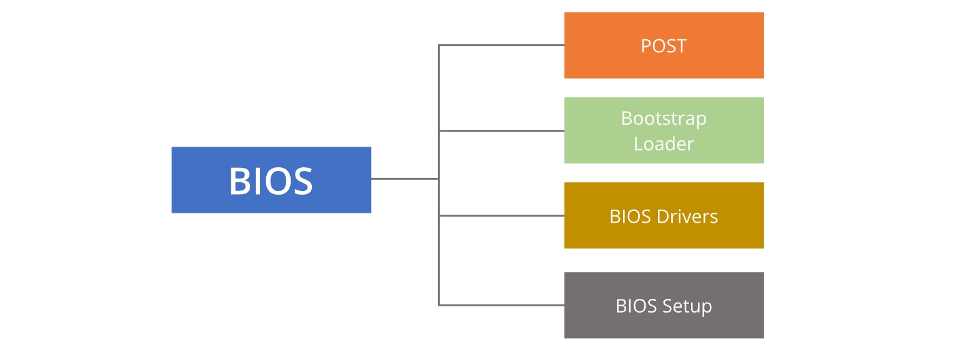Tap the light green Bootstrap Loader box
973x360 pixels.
pos(664,130)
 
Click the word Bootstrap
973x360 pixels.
pos(664,119)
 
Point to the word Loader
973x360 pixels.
pos(664,144)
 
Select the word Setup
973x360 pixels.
pos(687,306)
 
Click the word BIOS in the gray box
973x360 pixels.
pos(636,306)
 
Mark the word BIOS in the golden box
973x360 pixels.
pos(630,216)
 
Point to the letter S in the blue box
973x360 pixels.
pos(301,181)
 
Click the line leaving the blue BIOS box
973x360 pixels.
pos(404,178)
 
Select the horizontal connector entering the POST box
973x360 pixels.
pos(502,45)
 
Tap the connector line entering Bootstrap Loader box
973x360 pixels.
pos(502,131)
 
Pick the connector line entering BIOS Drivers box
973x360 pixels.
pos(502,216)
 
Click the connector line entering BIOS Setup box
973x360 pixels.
pos(502,305)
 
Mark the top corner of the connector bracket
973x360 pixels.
pos(439,45)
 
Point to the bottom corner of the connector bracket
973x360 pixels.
pos(439,305)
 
